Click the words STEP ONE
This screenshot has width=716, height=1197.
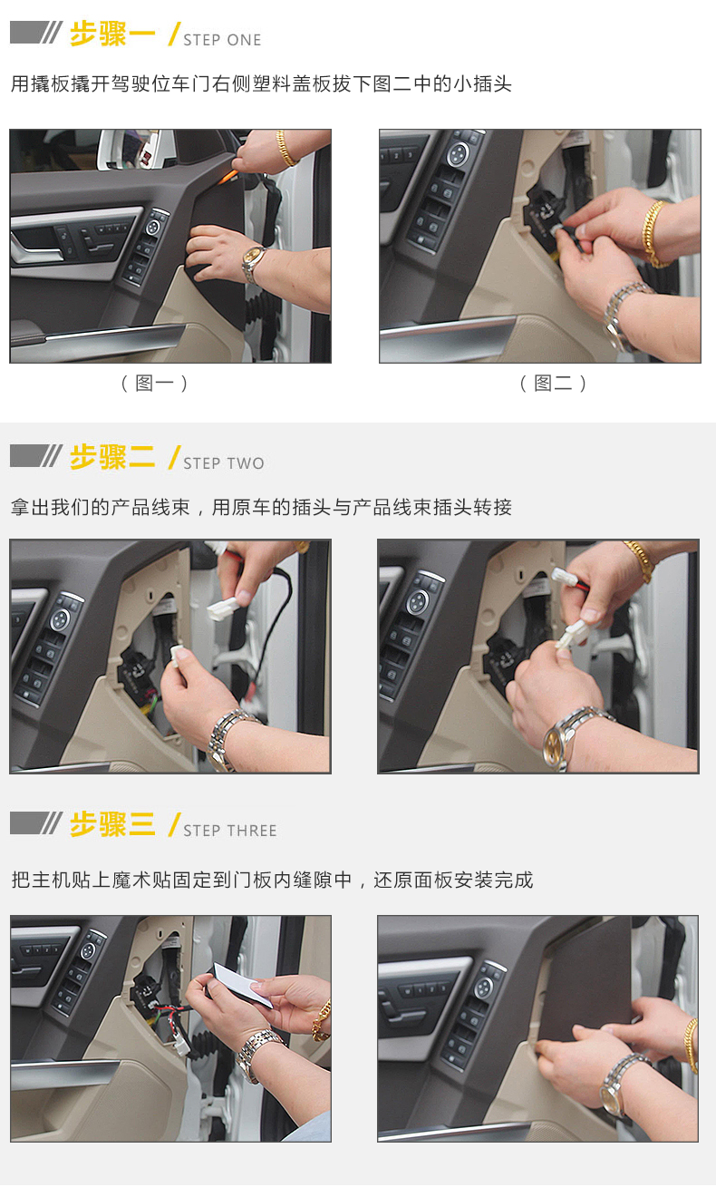tap(222, 40)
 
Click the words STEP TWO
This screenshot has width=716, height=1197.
tap(224, 462)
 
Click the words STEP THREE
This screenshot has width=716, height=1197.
tap(230, 830)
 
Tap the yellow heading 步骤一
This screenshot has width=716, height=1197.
tap(112, 34)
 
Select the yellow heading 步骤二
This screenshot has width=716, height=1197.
tap(112, 457)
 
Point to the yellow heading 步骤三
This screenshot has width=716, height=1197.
tap(112, 824)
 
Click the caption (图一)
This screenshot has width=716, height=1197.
tap(154, 383)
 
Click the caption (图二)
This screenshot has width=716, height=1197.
tap(553, 383)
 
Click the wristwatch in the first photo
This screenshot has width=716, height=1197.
tap(253, 263)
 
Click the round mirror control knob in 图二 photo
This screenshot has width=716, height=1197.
tap(457, 154)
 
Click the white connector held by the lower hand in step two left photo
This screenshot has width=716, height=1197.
tap(177, 656)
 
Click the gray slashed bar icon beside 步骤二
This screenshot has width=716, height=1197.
tap(35, 456)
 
